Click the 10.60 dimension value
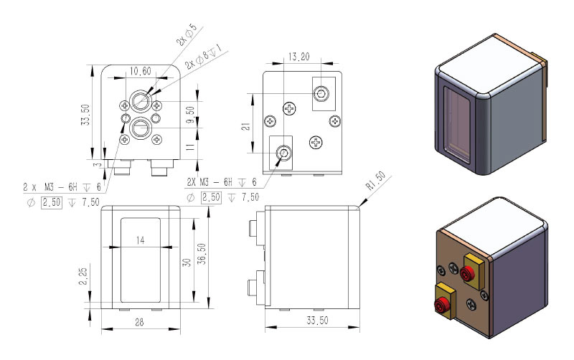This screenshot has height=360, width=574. pos(140,71)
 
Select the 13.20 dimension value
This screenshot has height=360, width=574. pos(298,57)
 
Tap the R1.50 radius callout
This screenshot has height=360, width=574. pos(376,181)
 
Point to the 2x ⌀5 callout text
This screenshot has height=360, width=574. pos(187,34)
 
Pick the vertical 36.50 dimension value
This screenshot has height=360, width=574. pos(202,254)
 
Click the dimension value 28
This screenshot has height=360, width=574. pos(139,322)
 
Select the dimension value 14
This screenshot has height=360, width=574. pos(140,240)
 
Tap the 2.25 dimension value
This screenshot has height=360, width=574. pos(83,276)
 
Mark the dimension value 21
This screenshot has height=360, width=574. pos(246,126)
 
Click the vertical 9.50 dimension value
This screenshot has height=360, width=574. pos(190,115)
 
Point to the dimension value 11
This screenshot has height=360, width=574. pos(190,147)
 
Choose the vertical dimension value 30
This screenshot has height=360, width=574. pos(187,262)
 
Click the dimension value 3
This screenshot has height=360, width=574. pos(97,165)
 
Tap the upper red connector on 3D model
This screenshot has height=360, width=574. pos(466,273)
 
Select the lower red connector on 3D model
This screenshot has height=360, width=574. pos(440,304)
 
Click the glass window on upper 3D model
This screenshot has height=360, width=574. pos(457,125)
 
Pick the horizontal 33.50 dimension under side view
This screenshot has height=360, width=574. pos(317,321)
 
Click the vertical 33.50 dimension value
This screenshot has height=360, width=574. pos(85,115)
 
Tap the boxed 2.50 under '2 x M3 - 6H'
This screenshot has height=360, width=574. pos(52,202)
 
